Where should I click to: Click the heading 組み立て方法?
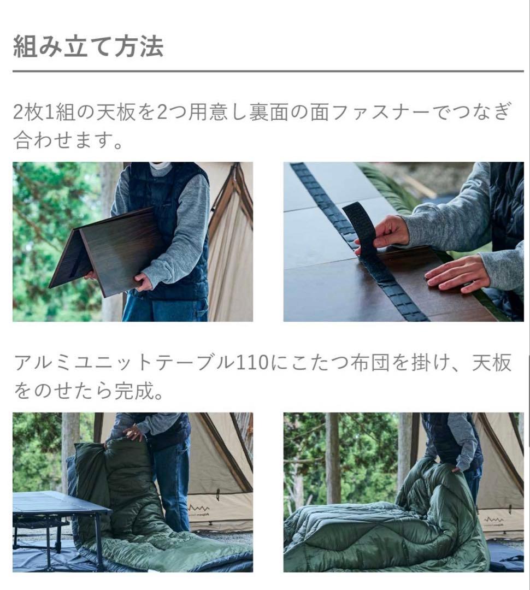88,47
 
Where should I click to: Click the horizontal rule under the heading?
268,71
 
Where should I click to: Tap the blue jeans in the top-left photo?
164,309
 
